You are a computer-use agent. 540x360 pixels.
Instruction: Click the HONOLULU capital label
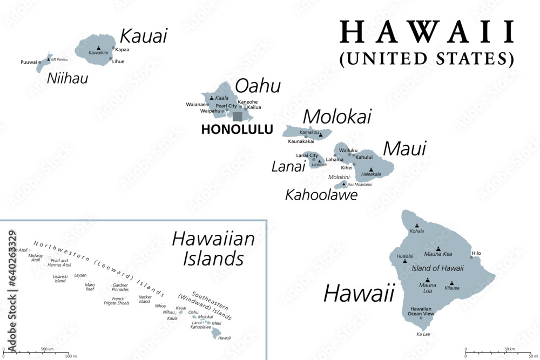pos(237,130)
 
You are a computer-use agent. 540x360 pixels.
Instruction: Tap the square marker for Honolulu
pos(238,117)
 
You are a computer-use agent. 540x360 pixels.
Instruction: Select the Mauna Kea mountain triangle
pos(438,248)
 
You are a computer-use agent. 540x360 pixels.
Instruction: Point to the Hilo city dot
pos(471,257)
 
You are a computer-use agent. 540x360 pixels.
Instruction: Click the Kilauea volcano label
pos(452,289)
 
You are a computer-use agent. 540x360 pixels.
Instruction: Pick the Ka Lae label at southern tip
pos(423,334)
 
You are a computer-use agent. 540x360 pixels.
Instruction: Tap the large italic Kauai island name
pos(143,36)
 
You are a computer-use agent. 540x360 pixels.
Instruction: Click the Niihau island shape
pos(43,64)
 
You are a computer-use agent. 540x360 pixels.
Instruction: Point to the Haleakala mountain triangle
pos(371,169)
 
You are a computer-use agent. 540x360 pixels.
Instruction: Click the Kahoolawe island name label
pos(321,195)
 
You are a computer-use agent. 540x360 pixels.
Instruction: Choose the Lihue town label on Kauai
pos(118,62)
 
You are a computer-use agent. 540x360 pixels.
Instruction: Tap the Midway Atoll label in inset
pos(36,258)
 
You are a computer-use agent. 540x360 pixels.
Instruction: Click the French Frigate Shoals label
pos(116,301)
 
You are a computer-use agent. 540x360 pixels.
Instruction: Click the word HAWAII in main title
pos(427,34)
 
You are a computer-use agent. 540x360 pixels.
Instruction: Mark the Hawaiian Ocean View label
pos(421,311)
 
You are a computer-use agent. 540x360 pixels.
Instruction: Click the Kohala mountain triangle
pos(416,226)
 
